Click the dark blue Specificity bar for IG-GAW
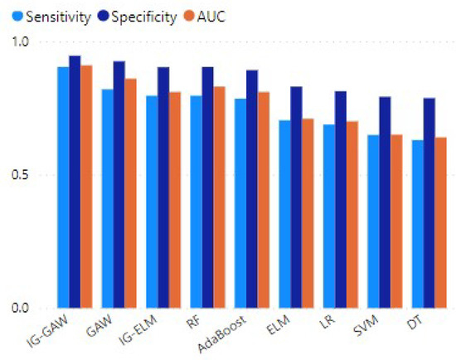75,182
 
